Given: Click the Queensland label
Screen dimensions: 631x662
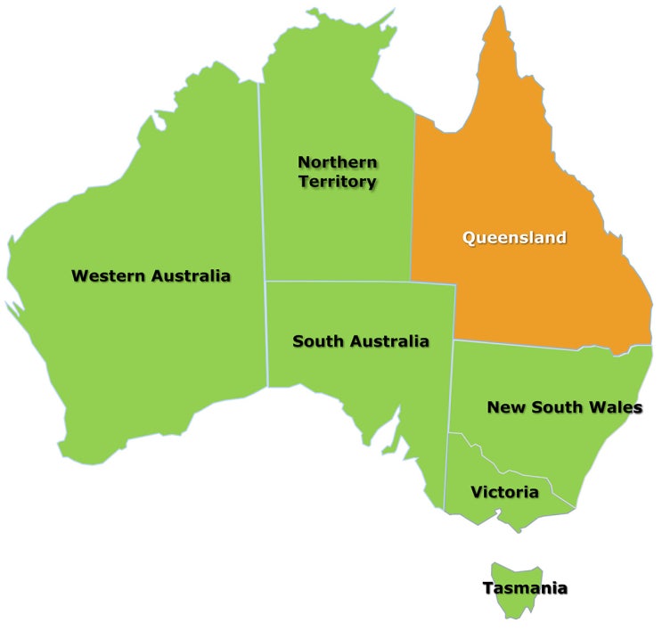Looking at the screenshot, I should pyautogui.click(x=514, y=238).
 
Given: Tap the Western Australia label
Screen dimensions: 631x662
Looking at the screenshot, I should pyautogui.click(x=151, y=275).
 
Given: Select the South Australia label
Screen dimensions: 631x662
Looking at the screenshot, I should pyautogui.click(x=361, y=341).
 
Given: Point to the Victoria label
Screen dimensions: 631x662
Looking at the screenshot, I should pyautogui.click(x=504, y=492).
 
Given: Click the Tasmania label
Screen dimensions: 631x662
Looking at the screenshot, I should pyautogui.click(x=525, y=588).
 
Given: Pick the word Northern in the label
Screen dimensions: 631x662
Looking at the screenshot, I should pyautogui.click(x=337, y=162).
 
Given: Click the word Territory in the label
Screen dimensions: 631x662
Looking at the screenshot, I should pyautogui.click(x=338, y=182).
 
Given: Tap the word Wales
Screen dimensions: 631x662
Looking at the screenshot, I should pyautogui.click(x=615, y=407).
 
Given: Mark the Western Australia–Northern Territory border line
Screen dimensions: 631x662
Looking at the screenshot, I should pyautogui.click(x=262, y=178).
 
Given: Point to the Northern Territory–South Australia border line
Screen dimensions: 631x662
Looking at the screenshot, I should pyautogui.click(x=356, y=283).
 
